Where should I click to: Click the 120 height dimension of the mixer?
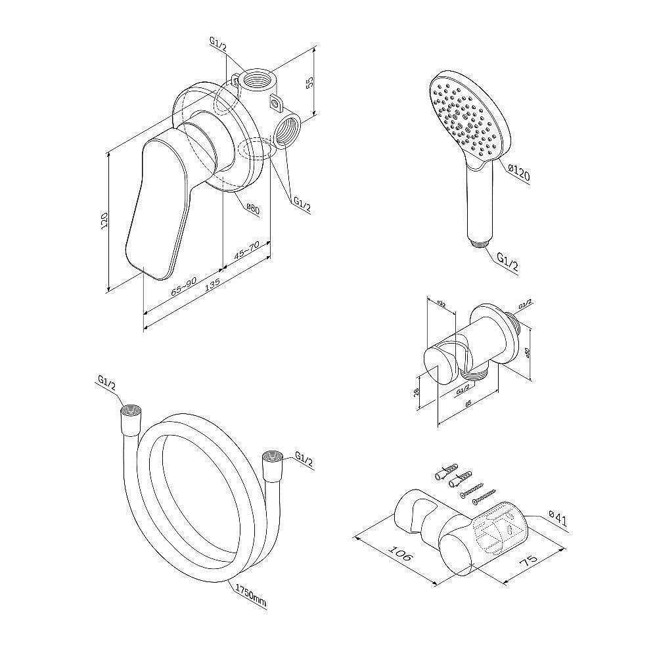103,221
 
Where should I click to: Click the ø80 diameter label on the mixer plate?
253,209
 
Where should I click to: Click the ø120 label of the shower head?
518,174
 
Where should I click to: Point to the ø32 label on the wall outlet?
441,304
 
